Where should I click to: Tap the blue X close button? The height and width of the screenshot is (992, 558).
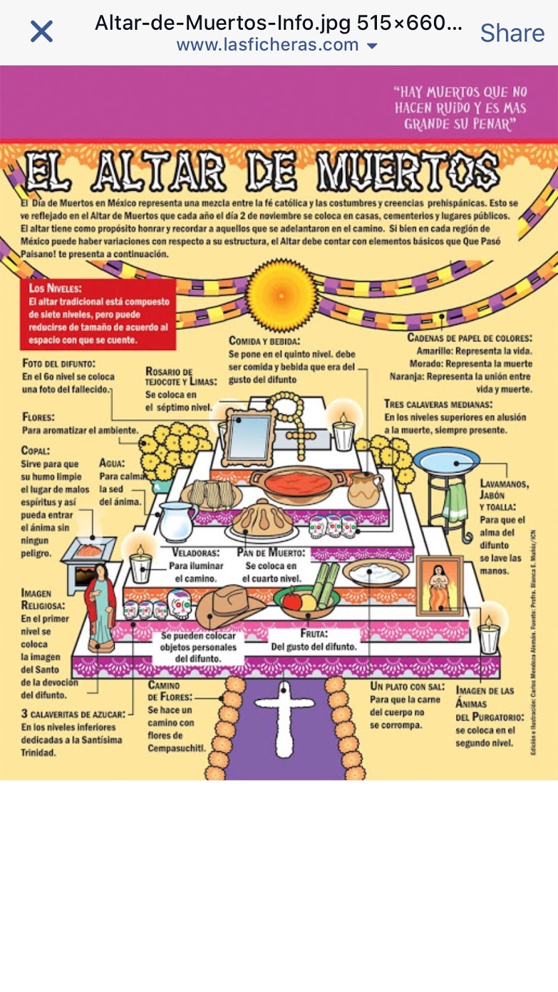tap(42, 31)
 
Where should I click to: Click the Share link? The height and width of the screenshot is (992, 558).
tap(512, 33)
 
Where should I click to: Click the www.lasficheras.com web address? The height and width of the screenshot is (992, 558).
tap(268, 45)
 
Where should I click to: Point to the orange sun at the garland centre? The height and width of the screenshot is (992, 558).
tap(281, 295)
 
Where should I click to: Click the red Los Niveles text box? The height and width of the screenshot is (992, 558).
tap(99, 314)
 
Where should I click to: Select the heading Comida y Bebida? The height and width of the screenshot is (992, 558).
tap(265, 340)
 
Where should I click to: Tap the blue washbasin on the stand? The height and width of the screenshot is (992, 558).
tap(446, 461)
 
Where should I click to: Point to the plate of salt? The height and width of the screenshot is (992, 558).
tap(376, 573)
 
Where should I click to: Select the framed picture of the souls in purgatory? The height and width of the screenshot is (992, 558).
tap(440, 585)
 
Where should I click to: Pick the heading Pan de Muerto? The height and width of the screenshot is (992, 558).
tap(271, 552)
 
